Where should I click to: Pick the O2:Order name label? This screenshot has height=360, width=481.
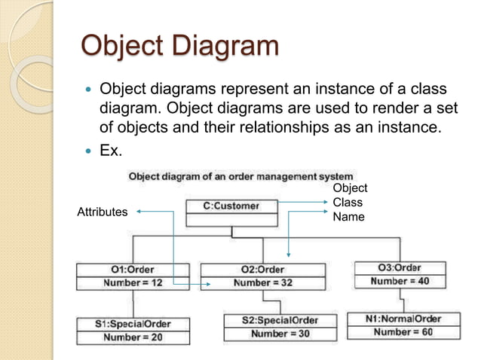(262, 270)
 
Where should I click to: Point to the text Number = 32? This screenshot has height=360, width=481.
(263, 283)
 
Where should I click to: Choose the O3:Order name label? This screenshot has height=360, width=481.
(399, 267)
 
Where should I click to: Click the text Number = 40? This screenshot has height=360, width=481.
(400, 282)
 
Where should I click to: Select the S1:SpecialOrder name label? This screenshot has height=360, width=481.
(133, 324)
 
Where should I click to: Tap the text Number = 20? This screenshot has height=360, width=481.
(133, 337)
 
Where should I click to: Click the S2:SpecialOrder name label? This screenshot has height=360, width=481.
(280, 320)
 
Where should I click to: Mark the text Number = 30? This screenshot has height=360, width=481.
(280, 334)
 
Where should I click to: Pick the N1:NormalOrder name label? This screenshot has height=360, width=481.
(403, 318)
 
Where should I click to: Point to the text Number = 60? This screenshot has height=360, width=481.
(403, 332)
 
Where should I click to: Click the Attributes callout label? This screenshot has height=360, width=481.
(103, 212)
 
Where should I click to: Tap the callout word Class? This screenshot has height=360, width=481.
(348, 202)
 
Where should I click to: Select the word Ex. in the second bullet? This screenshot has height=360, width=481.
(111, 151)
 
